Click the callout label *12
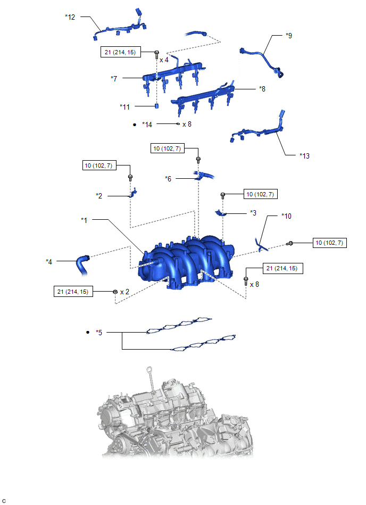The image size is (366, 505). click(x=70, y=16)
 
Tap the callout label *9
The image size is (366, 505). click(x=289, y=36)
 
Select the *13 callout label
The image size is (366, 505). click(x=304, y=156)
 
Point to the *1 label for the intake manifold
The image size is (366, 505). click(x=84, y=220)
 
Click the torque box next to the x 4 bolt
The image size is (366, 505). click(x=121, y=52)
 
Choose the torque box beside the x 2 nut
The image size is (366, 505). click(x=73, y=292)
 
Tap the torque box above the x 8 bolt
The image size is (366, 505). click(x=283, y=268)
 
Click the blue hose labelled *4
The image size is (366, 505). click(x=82, y=264)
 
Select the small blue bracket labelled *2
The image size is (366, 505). click(x=133, y=193)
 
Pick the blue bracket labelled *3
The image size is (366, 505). click(x=221, y=212)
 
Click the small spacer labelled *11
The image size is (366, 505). click(x=157, y=106)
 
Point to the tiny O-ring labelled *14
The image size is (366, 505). click(x=178, y=123)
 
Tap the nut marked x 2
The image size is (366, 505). click(x=115, y=292)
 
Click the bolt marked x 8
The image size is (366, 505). click(x=246, y=281)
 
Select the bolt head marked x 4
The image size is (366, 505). click(x=157, y=52)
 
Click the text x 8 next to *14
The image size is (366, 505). click(x=187, y=124)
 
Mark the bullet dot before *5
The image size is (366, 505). click(x=88, y=332)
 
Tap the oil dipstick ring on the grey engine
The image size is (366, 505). click(x=149, y=369)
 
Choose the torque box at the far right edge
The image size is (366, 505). click(x=330, y=243)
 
